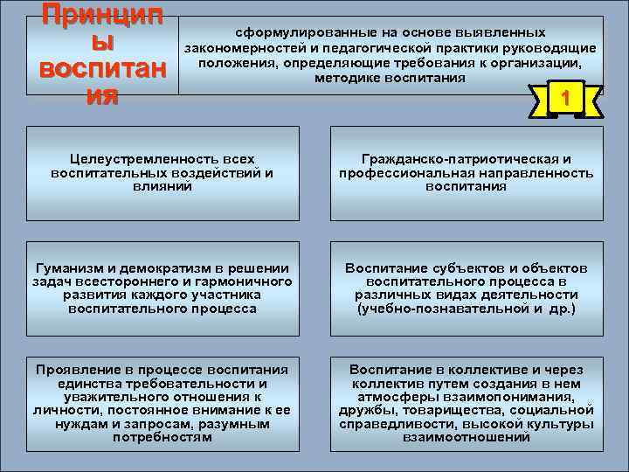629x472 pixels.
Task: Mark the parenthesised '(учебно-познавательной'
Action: pos(427,309)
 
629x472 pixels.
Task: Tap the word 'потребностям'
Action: pos(162,437)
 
